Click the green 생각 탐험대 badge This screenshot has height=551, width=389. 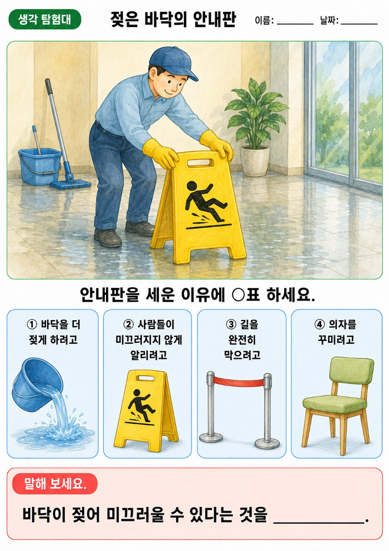(45, 19)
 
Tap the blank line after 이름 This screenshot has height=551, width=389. (295, 24)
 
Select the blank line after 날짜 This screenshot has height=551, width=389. (359, 24)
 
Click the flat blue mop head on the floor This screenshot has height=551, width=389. (71, 183)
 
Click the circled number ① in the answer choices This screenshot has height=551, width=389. (32, 324)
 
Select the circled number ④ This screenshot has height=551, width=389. (319, 324)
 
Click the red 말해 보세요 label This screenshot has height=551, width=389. (55, 484)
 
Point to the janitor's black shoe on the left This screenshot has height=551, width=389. (107, 238)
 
